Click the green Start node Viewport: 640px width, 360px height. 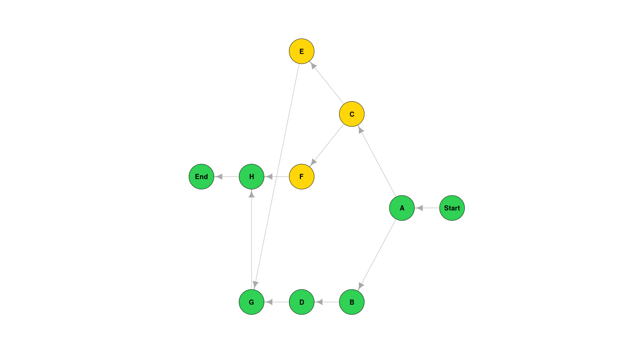coord(452,208)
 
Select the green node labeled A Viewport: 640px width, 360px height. coord(402,208)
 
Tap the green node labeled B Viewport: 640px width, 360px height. coord(351,302)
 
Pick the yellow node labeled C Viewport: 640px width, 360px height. coord(351,114)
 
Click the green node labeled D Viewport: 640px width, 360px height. coord(301,302)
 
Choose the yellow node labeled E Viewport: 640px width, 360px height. coord(301,51)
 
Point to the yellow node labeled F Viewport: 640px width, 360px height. coord(301,177)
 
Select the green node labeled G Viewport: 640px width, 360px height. coord(251,302)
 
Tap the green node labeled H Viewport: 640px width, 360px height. coord(251,177)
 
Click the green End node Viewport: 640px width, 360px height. coord(201,177)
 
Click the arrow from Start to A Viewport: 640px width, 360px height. coord(427,208)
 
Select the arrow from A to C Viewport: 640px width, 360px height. coord(377,161)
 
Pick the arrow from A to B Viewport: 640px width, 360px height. coord(377,255)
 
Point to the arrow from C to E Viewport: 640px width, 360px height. coord(327,82)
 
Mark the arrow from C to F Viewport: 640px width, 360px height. coord(327,145)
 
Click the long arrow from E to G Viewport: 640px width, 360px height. coord(276,176)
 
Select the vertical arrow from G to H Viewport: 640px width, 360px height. coord(252,239)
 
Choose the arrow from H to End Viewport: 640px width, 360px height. coord(226,177)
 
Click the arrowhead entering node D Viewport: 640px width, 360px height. coord(319,302)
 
